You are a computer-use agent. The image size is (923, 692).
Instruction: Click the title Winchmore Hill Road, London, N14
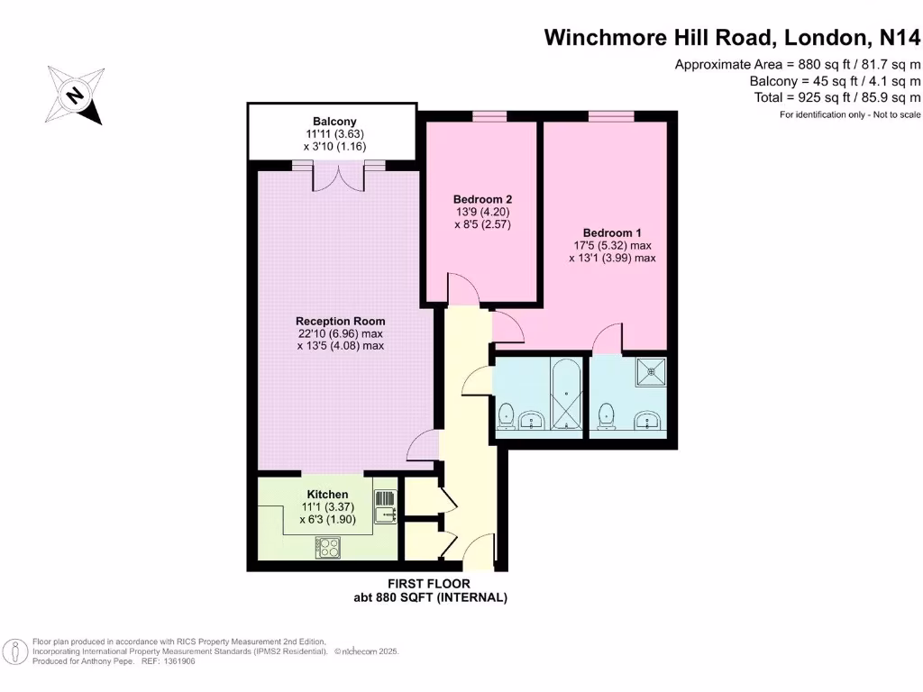coord(733,38)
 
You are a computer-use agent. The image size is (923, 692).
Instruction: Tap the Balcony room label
coord(334,122)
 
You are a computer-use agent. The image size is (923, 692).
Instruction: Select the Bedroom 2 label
coord(482,199)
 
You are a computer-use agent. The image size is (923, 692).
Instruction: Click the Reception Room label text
coord(341,321)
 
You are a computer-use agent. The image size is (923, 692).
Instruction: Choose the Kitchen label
coord(327,495)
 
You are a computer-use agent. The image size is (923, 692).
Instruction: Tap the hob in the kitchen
coord(327,547)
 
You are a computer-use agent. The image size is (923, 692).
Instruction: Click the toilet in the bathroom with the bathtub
coord(506,415)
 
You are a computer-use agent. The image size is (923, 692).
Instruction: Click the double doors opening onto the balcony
coord(339,178)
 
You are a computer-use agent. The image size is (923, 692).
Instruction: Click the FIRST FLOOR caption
coord(429,584)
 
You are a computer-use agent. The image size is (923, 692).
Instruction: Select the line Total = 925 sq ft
coord(836,97)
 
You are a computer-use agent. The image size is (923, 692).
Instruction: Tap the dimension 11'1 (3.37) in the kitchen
coord(327,507)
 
